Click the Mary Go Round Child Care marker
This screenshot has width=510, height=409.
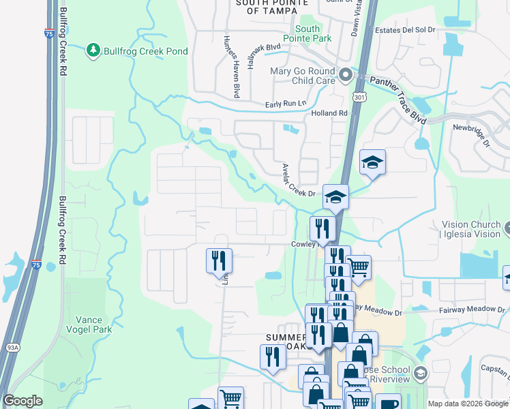coord(346,74)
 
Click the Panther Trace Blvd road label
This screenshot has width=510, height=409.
coord(397,100)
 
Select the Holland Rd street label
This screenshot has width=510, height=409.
coord(329,113)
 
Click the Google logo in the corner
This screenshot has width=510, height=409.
coord(22,401)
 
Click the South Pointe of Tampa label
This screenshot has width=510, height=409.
coord(267,7)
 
